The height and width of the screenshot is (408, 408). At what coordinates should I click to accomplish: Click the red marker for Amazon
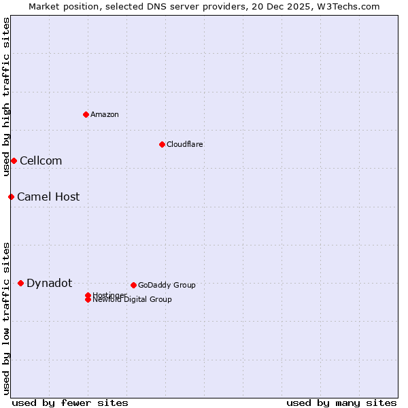click(x=86, y=114)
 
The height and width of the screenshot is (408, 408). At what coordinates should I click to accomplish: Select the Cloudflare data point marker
click(x=162, y=144)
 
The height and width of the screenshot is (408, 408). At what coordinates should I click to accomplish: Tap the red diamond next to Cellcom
click(x=14, y=160)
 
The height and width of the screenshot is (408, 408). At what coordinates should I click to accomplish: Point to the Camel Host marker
click(x=11, y=197)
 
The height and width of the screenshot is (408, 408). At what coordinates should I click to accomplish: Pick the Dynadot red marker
click(x=20, y=283)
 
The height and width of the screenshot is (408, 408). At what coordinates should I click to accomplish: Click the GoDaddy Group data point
click(x=133, y=285)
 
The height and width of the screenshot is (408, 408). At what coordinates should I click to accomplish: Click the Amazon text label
click(x=104, y=114)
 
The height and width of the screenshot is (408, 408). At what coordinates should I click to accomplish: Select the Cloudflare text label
click(x=184, y=144)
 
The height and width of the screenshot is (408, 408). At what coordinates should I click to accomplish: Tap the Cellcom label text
click(x=41, y=160)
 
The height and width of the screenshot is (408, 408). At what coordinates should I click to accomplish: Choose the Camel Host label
click(x=48, y=197)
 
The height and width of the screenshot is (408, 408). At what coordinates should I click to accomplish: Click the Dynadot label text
click(x=49, y=283)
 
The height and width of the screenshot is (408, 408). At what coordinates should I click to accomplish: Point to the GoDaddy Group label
click(x=167, y=285)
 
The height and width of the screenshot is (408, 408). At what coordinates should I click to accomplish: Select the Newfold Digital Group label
click(x=133, y=300)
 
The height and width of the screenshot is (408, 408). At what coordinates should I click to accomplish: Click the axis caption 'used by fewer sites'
click(x=70, y=403)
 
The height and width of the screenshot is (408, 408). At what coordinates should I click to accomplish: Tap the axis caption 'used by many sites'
click(x=341, y=403)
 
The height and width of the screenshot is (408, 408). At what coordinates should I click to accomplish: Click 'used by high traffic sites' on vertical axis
click(x=6, y=97)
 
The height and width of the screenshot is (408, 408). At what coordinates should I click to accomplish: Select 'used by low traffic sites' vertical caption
click(x=6, y=318)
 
